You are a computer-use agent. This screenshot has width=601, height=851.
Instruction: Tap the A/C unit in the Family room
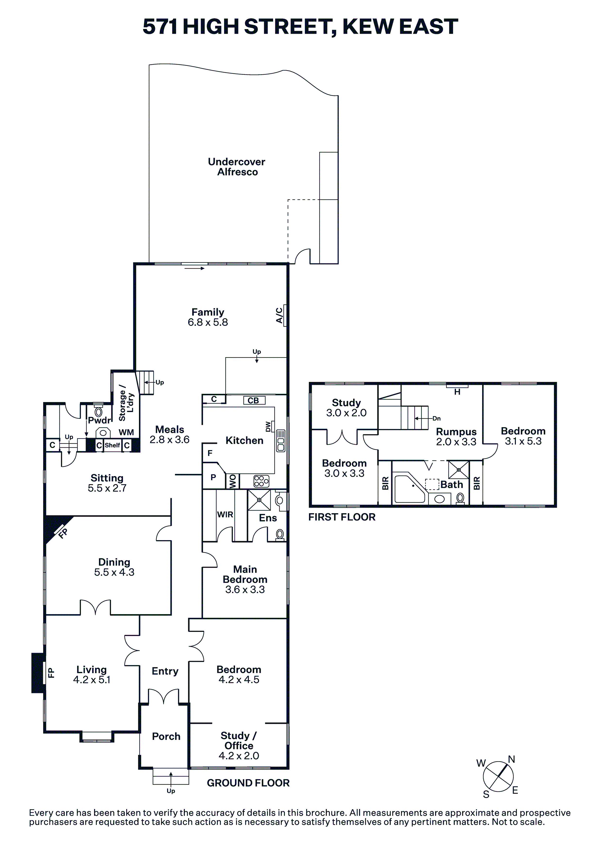(x=285, y=315)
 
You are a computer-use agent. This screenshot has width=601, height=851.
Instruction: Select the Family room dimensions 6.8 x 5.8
(x=208, y=322)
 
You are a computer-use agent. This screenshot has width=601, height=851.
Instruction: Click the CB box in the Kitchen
(x=254, y=400)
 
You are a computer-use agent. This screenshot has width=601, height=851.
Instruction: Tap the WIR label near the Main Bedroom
(x=225, y=514)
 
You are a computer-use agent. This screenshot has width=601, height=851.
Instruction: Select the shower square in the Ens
(x=259, y=500)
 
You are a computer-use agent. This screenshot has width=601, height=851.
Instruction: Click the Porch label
(x=166, y=736)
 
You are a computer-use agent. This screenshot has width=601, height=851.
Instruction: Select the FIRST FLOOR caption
(x=342, y=517)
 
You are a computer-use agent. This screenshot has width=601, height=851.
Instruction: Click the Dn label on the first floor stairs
(x=437, y=418)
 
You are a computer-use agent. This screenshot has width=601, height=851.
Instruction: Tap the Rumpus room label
(x=456, y=432)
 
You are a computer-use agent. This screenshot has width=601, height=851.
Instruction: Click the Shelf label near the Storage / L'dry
(x=112, y=445)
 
